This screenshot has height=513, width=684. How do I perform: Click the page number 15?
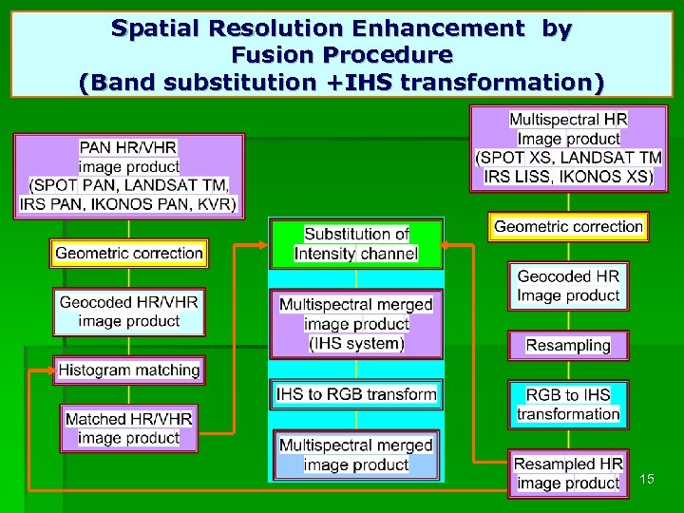coord(647,478)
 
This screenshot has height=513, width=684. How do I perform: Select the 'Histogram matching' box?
coord(128,370)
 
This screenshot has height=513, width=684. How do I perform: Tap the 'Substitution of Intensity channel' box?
coord(356,244)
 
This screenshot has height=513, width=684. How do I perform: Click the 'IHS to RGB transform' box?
coord(356,393)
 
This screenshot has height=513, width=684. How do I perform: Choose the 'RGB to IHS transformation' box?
coord(568,404)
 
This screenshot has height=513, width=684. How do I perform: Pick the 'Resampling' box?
coord(568,345)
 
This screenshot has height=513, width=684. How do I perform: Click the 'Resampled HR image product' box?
coord(568,473)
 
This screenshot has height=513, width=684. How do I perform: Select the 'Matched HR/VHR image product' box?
coord(128,427)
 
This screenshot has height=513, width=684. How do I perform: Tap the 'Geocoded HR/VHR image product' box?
coord(128,312)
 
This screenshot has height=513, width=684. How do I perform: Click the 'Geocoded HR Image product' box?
coord(568,286)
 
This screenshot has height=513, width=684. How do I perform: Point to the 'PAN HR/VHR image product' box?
coord(128,176)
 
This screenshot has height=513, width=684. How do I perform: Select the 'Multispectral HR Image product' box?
coord(568,148)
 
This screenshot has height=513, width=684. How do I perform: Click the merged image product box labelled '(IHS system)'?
coord(356,324)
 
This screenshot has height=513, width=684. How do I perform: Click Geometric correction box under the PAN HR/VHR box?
coord(128,253)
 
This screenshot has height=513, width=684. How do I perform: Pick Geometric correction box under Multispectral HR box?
coord(568,226)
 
